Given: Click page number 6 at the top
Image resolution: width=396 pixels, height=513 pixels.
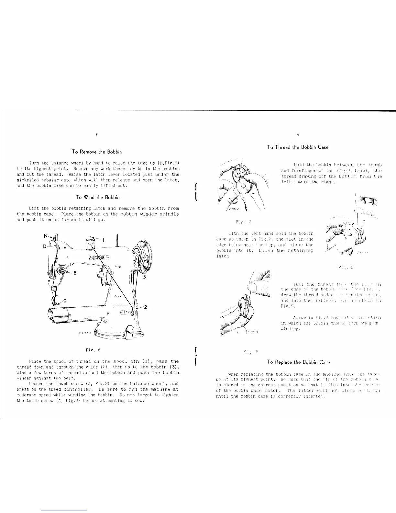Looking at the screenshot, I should [x=97, y=134].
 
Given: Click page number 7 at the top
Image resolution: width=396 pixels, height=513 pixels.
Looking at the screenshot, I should [x=298, y=136].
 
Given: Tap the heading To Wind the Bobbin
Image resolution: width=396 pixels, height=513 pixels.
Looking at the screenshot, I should [x=98, y=197].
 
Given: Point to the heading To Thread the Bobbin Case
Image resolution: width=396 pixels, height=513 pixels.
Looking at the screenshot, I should [x=298, y=147].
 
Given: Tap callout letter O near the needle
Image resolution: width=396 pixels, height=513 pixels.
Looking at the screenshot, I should [x=65, y=301].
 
